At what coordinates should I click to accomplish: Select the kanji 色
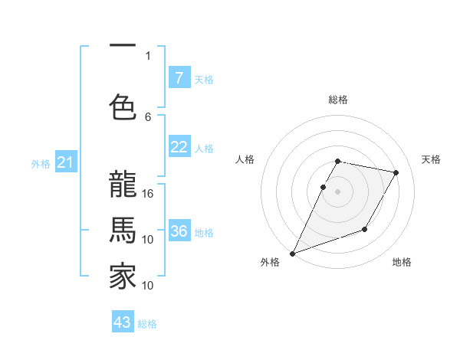(x=123, y=106)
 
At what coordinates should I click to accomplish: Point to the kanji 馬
(x=123, y=230)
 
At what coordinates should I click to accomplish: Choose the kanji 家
(x=123, y=277)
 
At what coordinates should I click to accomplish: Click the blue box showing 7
(x=179, y=78)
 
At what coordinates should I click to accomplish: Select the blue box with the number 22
(x=179, y=148)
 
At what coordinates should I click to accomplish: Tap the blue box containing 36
(x=179, y=232)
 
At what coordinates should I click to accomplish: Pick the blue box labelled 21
(x=65, y=162)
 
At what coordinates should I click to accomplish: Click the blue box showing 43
(x=123, y=322)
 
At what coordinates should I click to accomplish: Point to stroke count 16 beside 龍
(x=148, y=193)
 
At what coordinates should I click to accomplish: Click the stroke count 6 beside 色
(x=148, y=116)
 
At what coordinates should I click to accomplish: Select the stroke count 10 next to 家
(x=148, y=286)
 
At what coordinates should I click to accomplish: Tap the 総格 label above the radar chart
(x=338, y=100)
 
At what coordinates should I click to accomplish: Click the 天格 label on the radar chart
(x=432, y=159)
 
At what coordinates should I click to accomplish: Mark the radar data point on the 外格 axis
(x=292, y=253)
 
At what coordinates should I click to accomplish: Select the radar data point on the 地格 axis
(x=365, y=229)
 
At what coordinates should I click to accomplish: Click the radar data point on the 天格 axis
(x=396, y=173)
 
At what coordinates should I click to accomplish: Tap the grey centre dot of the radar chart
(x=338, y=192)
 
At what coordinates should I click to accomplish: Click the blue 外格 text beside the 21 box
(x=41, y=163)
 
